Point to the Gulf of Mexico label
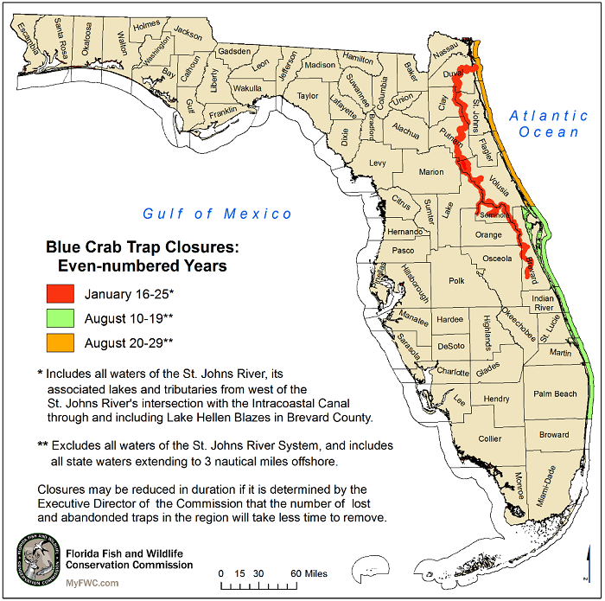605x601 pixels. pyautogui.click(x=218, y=214)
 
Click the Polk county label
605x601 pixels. pyautogui.click(x=457, y=281)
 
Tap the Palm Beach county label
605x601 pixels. pyautogui.click(x=555, y=394)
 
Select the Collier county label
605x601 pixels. pyautogui.click(x=490, y=438)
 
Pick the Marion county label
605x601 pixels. pyautogui.click(x=431, y=172)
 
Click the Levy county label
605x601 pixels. pyautogui.click(x=378, y=163)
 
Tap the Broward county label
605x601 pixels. pyautogui.click(x=554, y=434)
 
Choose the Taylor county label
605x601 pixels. pyautogui.click(x=308, y=96)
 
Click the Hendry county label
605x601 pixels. pyautogui.click(x=496, y=399)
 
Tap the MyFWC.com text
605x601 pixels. pyautogui.click(x=93, y=583)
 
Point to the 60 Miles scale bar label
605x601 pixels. pyautogui.click(x=308, y=573)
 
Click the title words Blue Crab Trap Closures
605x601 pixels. pyautogui.click(x=142, y=247)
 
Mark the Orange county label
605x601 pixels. pyautogui.click(x=488, y=234)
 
